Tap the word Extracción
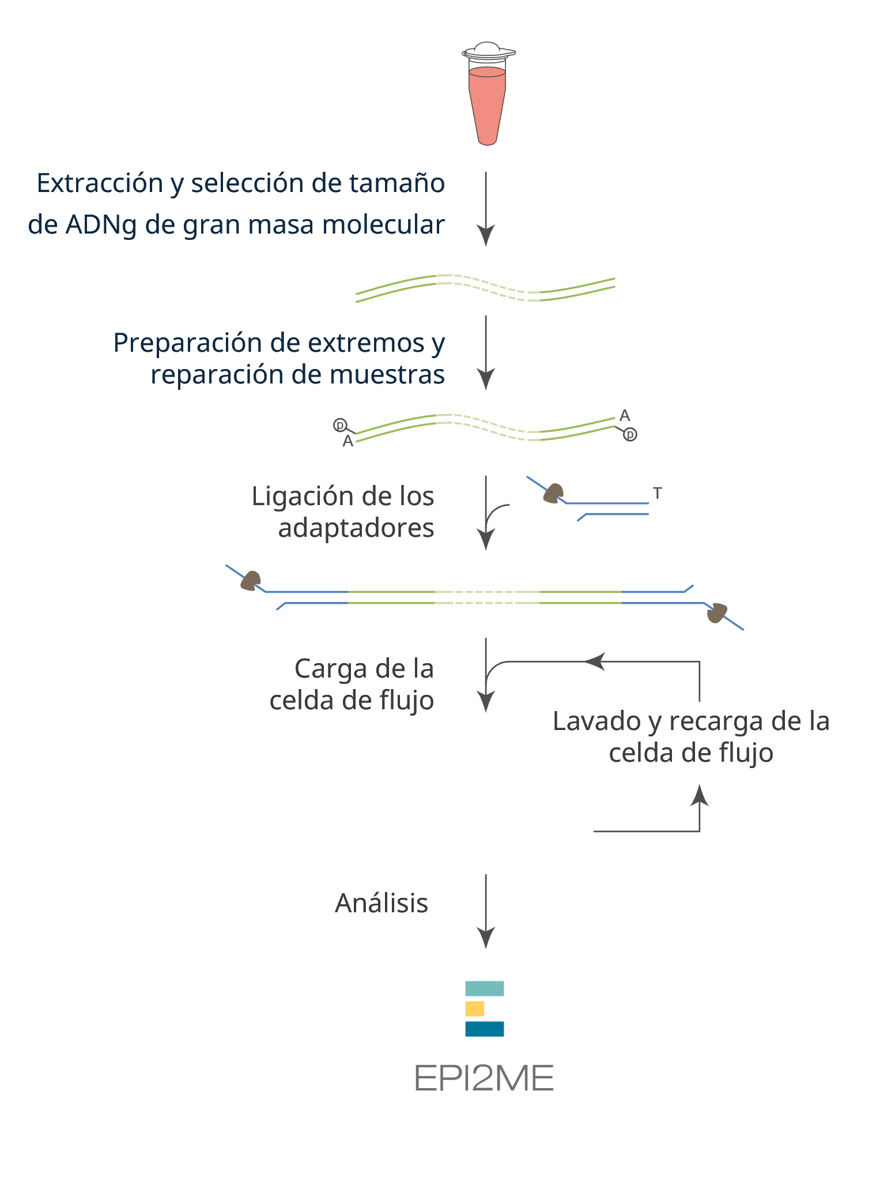pos(100,183)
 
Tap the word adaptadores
pos(356,528)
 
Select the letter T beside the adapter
pos(657,494)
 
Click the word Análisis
pos(382,903)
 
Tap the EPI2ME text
pos(484,1078)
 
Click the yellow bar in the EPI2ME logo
pos(474,1009)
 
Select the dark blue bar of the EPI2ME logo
pos(485,1029)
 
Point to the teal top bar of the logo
pos(485,988)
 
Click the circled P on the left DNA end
pos(340,426)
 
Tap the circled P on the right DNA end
pos(630,434)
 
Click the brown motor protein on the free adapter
pos(554,494)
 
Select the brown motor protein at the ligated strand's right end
pos(717,613)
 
